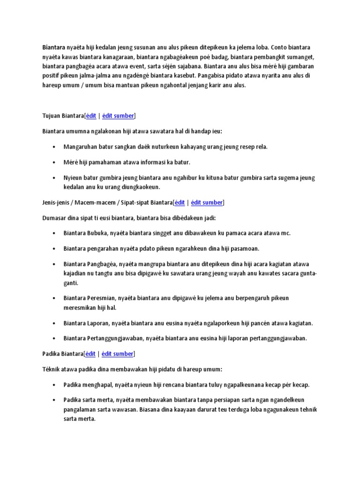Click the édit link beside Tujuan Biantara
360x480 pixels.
click(91, 116)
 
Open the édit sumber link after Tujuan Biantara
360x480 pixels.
click(119, 116)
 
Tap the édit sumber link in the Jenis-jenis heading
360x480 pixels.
click(207, 202)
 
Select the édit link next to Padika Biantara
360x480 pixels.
click(90, 354)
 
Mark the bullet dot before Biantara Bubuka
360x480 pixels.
click(54, 233)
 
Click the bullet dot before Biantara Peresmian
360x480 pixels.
click(54, 298)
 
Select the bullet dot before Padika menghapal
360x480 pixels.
click(54, 385)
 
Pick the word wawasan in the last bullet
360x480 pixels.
click(136, 409)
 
